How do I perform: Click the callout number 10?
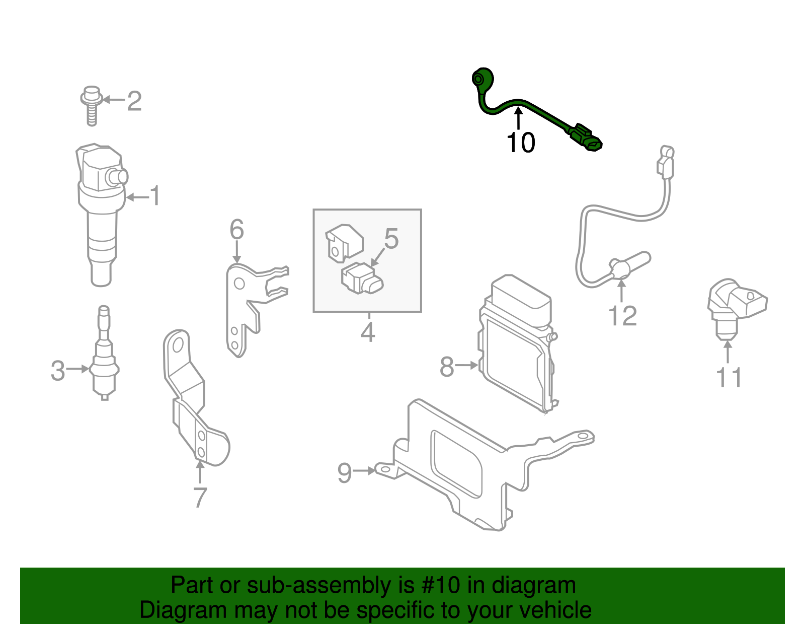tap(521, 143)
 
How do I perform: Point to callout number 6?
tap(236, 230)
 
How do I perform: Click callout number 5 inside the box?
tap(391, 238)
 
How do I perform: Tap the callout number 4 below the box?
tap(368, 332)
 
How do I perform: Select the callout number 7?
tap(200, 498)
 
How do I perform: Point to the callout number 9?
tap(344, 472)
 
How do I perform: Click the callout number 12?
tap(622, 316)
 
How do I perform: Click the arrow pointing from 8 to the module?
tap(467, 366)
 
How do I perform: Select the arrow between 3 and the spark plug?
tap(78, 369)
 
